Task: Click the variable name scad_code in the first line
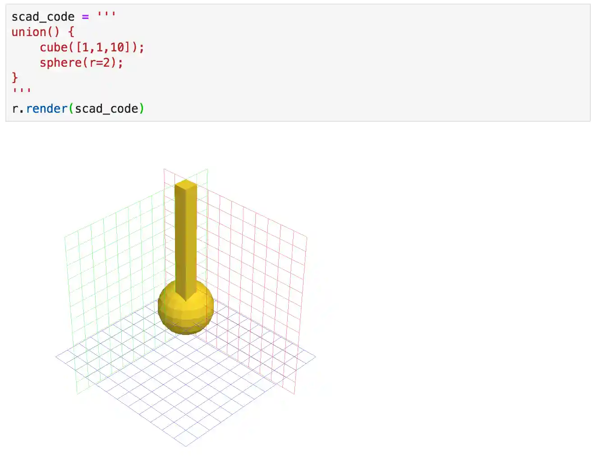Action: [x=43, y=17]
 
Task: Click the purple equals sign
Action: [x=85, y=17]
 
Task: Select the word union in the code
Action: [x=29, y=32]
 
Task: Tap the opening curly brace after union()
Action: [x=71, y=32]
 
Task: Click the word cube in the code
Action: [x=53, y=47]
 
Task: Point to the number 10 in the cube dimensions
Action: [x=117, y=47]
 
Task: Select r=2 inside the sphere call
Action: [x=99, y=63]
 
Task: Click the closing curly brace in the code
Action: [x=15, y=78]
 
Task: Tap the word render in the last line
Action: [x=46, y=109]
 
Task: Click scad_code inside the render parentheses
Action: [x=106, y=109]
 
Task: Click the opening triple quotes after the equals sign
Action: [x=106, y=14]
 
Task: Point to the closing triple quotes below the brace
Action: [x=22, y=90]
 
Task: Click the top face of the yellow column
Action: [x=186, y=183]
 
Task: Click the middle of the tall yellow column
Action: [x=185, y=239]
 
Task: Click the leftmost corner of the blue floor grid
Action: [x=56, y=357]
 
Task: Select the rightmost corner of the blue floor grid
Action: [x=316, y=357]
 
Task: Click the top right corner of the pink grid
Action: [x=307, y=236]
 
